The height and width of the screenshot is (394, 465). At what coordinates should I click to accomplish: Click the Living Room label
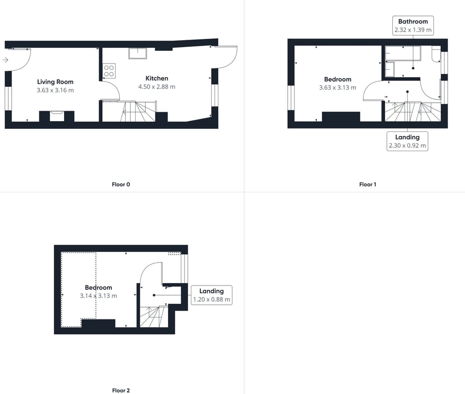(55, 82)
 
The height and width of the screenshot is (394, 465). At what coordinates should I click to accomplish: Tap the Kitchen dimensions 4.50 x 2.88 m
(156, 87)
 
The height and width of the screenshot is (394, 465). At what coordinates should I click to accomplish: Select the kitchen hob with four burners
(109, 71)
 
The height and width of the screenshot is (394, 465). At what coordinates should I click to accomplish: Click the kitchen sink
(138, 53)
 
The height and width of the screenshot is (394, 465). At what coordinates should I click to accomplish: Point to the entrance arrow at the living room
(5, 60)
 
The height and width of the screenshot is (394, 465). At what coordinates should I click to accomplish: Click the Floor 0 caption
(121, 184)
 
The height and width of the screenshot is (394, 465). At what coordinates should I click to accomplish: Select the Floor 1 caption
(368, 184)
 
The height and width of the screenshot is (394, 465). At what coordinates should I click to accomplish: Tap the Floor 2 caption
(121, 390)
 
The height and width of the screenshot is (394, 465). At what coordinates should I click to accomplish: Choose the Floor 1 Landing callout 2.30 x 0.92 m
(407, 141)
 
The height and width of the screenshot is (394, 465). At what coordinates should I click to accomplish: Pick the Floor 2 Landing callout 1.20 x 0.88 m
(212, 295)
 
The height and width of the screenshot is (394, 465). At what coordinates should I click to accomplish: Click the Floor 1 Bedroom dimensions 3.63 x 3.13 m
(338, 88)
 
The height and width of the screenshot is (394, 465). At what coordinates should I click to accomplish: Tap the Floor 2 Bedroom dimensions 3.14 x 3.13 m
(98, 296)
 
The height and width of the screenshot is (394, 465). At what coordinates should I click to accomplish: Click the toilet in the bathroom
(435, 55)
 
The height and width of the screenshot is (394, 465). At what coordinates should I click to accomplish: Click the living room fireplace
(56, 116)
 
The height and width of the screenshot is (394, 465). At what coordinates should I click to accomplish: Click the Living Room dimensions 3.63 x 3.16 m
(55, 90)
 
